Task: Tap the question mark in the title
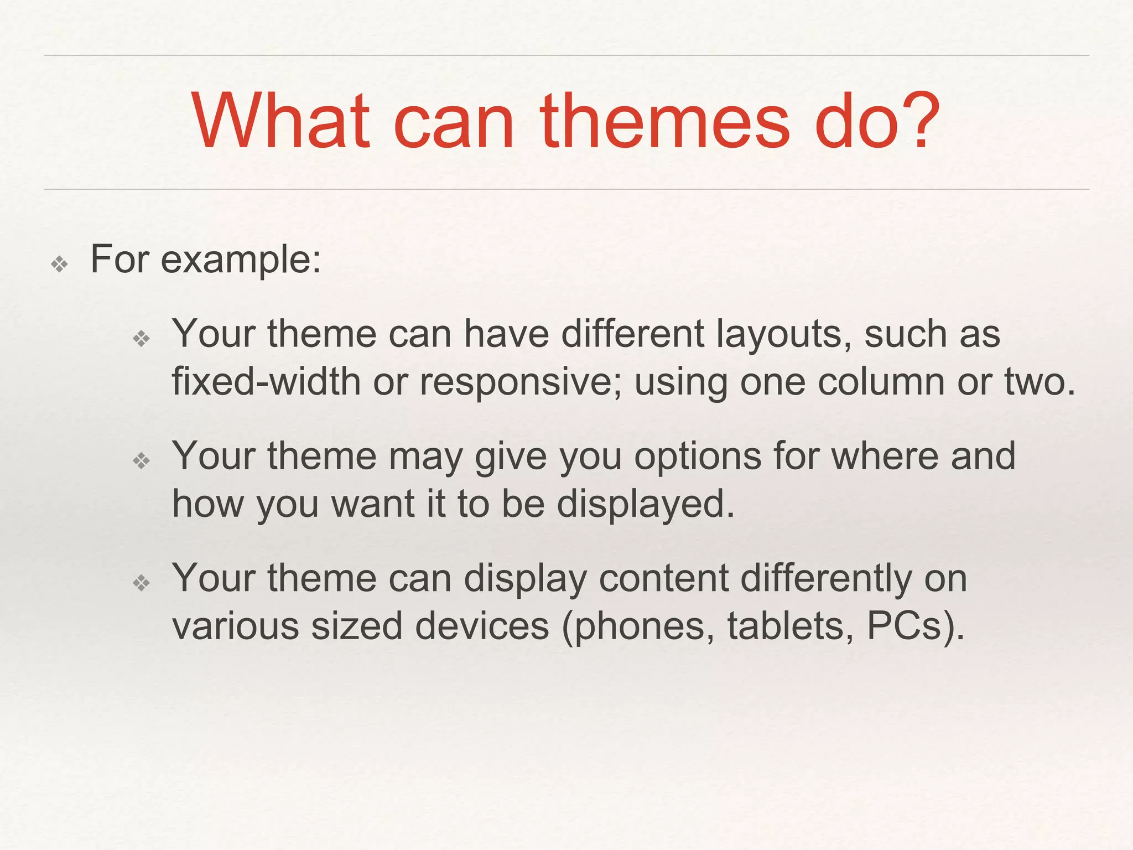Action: tap(916, 122)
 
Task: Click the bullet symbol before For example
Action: tap(59, 264)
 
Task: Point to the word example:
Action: tap(241, 260)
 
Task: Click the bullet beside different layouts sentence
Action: tap(142, 338)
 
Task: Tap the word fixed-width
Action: tap(266, 382)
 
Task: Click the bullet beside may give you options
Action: tap(142, 460)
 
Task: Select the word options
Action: tap(698, 457)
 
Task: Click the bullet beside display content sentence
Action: tap(142, 582)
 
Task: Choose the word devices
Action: tap(482, 626)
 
